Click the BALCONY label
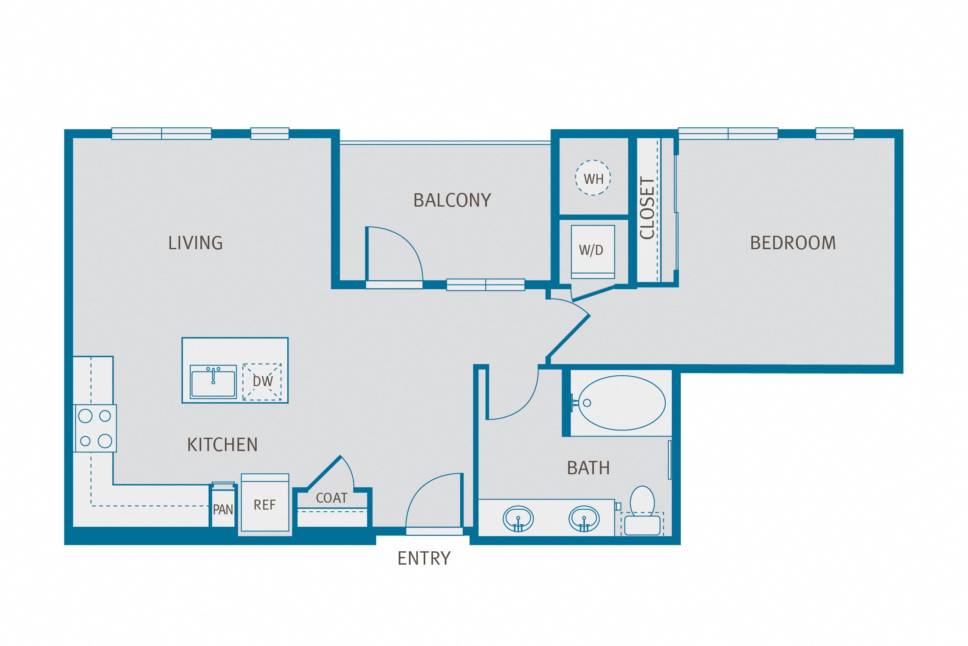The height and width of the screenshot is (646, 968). [452, 201]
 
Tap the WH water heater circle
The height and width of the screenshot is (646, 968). [593, 178]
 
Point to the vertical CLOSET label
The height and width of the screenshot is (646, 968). [647, 208]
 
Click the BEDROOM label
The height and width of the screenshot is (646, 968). [793, 243]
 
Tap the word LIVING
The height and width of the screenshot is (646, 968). [195, 243]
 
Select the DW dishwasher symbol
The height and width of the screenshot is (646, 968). [262, 382]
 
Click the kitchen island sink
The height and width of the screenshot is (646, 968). [213, 382]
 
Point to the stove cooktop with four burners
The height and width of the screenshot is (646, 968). [95, 428]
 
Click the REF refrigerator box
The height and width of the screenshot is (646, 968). [264, 504]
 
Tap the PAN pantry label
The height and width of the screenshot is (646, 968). [223, 510]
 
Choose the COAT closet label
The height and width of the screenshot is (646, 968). [332, 498]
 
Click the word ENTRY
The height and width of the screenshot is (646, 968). [424, 559]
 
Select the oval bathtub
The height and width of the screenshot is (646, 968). [621, 403]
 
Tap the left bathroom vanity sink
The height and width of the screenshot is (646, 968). [518, 519]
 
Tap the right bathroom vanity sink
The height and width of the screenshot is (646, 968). [584, 519]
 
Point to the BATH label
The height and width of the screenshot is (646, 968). [588, 468]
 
